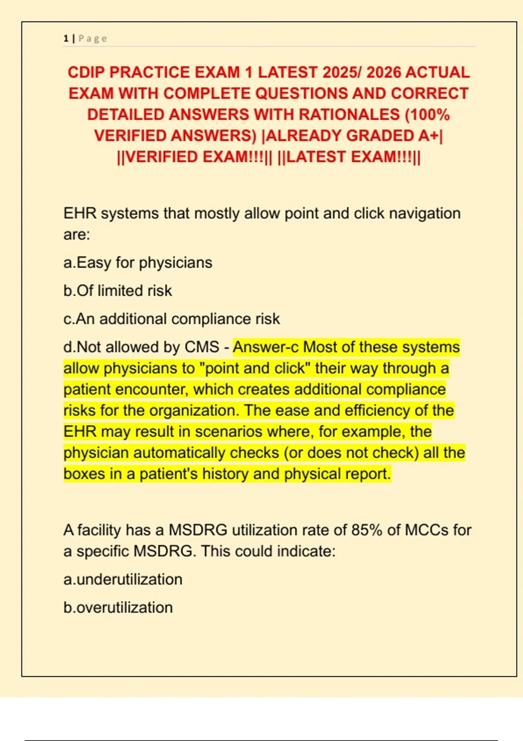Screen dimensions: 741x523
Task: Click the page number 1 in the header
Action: (66, 38)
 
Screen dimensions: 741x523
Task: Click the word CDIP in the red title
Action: (86, 72)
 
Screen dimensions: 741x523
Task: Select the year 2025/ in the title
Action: (342, 72)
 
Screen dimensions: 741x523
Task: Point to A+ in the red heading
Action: (429, 136)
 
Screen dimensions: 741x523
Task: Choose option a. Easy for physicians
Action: (138, 263)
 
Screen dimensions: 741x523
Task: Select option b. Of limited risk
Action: (118, 291)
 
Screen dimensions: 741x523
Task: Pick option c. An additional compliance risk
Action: (171, 319)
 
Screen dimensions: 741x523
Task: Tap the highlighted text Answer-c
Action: (266, 347)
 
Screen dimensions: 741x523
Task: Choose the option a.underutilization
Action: (123, 579)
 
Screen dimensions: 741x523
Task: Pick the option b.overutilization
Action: (118, 607)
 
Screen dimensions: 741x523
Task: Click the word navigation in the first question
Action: (425, 214)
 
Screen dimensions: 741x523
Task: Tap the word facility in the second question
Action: (99, 530)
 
